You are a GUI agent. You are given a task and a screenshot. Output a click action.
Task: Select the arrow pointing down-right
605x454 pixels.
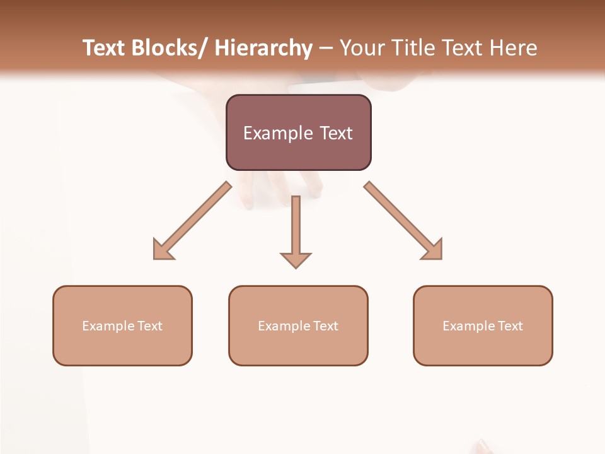403,221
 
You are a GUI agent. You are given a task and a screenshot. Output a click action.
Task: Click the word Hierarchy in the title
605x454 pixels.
263,48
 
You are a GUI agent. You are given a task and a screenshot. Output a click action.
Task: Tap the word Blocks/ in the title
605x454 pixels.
168,48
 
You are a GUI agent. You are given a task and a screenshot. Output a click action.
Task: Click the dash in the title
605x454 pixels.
326,49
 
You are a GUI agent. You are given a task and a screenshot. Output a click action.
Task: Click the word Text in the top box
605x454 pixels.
335,133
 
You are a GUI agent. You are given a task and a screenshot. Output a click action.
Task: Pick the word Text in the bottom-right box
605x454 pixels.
510,326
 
